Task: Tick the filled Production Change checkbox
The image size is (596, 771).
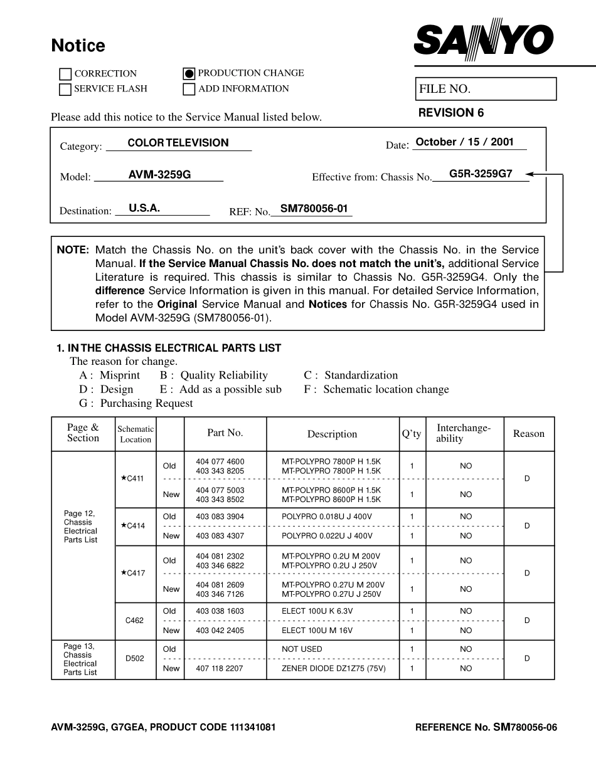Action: pos(189,73)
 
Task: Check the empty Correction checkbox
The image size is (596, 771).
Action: pos(65,74)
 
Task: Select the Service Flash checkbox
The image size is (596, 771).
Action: pos(65,89)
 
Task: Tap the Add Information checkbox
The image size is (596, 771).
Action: pos(189,89)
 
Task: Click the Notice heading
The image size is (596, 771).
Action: pos(78,46)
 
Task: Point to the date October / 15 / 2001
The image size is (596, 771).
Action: pos(464,142)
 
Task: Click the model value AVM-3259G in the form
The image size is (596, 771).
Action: pos(159,175)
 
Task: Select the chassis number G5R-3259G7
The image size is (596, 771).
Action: pos(481,174)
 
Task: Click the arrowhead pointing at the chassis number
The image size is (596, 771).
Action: pos(530,174)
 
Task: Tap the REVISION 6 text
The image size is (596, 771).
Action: pos(451,113)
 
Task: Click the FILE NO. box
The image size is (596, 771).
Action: pos(486,89)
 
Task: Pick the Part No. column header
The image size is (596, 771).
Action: pos(225,433)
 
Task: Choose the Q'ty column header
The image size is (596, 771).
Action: pos(412,434)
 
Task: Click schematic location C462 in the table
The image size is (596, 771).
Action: pos(134,621)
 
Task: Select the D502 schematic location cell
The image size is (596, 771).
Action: pos(134,659)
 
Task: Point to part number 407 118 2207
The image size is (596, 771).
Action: pos(220,669)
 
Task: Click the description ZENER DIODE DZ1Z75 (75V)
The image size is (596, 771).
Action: pos(333,669)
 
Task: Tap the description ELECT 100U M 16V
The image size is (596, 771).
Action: pos(317,631)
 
